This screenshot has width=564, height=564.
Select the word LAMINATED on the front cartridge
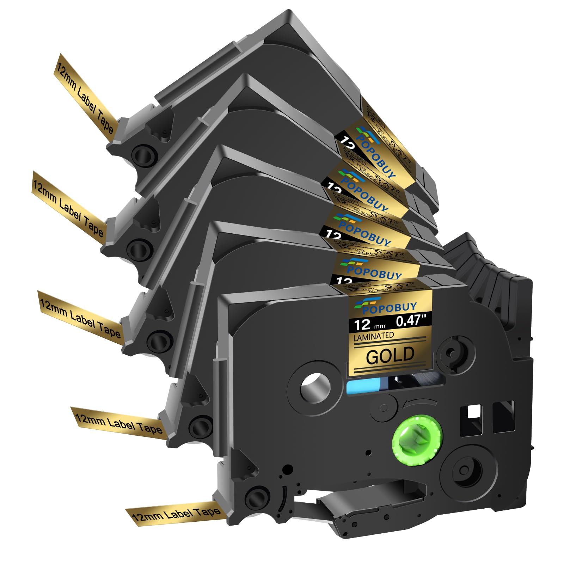tap(374, 336)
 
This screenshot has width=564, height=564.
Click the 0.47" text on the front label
tap(411, 320)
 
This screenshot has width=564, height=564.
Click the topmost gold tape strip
tap(85, 94)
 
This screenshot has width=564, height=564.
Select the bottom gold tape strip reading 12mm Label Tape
tap(176, 514)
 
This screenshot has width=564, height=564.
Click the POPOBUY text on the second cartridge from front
tap(374, 271)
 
